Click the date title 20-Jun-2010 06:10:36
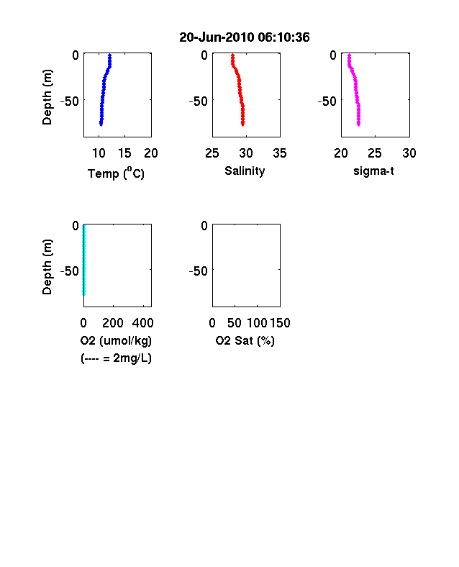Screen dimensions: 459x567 point(245,37)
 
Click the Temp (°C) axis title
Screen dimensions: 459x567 point(116,173)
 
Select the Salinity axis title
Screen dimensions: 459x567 point(245,171)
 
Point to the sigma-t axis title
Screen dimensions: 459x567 point(373,171)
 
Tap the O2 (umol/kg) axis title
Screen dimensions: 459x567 point(116,340)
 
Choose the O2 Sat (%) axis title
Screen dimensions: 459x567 point(245,340)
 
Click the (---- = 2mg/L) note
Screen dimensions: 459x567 point(116,358)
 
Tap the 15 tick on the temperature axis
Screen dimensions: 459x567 point(124,153)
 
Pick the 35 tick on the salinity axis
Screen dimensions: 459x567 point(280,153)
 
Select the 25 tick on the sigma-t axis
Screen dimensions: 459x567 point(375,153)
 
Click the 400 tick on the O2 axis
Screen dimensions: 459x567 point(142,323)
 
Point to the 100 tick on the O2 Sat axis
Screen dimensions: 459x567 point(257,323)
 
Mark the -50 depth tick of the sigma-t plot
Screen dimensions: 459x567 point(327,101)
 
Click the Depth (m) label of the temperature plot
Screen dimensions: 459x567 point(47,97)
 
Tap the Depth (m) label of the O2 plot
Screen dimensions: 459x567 point(47,267)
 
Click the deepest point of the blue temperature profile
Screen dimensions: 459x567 point(101,124)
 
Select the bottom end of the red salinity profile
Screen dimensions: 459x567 point(243,124)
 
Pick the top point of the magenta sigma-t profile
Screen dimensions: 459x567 point(349,55)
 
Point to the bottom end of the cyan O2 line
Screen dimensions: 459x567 point(84,294)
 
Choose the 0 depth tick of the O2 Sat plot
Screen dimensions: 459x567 point(204,226)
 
